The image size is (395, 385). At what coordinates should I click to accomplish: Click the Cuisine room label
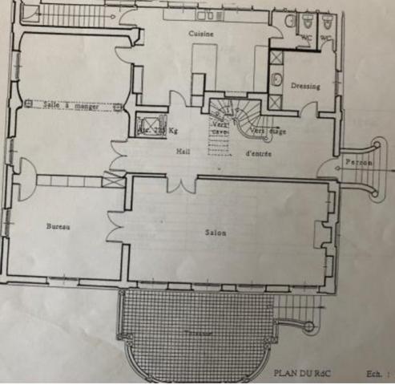pyautogui.click(x=200, y=34)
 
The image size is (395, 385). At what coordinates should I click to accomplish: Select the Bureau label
pyautogui.click(x=58, y=227)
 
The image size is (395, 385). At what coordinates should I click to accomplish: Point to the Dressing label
pyautogui.click(x=305, y=86)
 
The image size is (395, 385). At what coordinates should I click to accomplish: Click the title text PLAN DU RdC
pyautogui.click(x=301, y=372)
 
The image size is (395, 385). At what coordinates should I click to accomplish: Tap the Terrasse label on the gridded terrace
pyautogui.click(x=195, y=331)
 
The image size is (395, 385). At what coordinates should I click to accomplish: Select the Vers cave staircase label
pyautogui.click(x=220, y=128)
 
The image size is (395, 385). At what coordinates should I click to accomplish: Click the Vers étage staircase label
pyautogui.click(x=267, y=131)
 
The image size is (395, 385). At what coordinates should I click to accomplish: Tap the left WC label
pyautogui.click(x=306, y=36)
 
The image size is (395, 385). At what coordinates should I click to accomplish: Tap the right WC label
pyautogui.click(x=327, y=36)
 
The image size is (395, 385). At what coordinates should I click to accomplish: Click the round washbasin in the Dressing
pyautogui.click(x=276, y=79)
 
